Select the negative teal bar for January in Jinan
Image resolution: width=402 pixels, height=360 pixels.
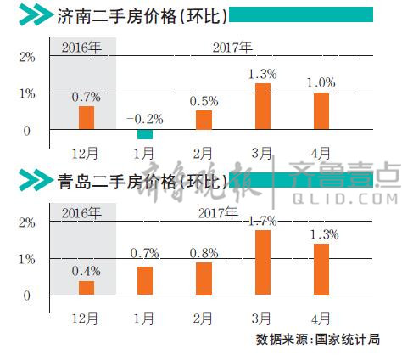click(x=145, y=133)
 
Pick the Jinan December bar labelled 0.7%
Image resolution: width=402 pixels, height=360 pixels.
click(x=87, y=117)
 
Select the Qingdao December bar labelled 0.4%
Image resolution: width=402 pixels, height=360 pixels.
click(x=87, y=288)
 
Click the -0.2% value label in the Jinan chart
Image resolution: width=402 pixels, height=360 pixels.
click(x=145, y=118)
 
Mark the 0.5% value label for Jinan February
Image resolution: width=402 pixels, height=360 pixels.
click(x=204, y=101)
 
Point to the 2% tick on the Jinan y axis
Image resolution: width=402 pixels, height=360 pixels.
click(x=26, y=57)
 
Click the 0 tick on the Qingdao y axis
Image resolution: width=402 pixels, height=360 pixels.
click(x=27, y=295)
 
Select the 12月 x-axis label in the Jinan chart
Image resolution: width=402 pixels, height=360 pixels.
click(x=86, y=154)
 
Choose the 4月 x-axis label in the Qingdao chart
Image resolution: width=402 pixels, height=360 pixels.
click(x=321, y=319)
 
